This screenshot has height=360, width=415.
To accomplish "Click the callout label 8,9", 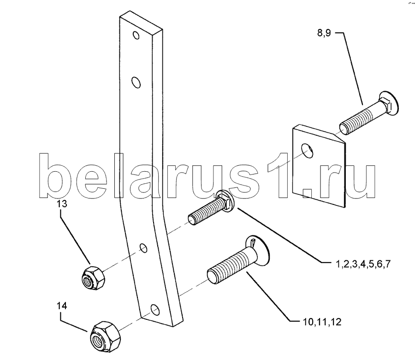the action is tap(324, 33).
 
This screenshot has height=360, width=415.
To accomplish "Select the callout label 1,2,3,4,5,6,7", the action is tap(363, 264).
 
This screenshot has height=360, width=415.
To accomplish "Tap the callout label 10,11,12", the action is tap(322, 322).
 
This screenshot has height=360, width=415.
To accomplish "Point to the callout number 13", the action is tap(61, 204).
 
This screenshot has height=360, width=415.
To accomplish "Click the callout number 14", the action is tap(61, 306).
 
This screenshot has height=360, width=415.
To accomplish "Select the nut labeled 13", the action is tap(93, 278).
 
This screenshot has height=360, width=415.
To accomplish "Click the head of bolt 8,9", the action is tap(389, 104).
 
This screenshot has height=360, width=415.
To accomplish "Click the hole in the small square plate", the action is tap(307, 151).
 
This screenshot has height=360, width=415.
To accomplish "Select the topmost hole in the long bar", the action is tap(136, 35).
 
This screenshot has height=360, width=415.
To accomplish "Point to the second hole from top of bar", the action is tap(136, 82).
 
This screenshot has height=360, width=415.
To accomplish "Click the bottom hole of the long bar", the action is tap(155, 310).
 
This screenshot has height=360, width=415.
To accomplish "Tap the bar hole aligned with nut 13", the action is tap(143, 248).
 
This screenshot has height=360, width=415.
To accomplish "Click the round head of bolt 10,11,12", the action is tap(259, 249).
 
